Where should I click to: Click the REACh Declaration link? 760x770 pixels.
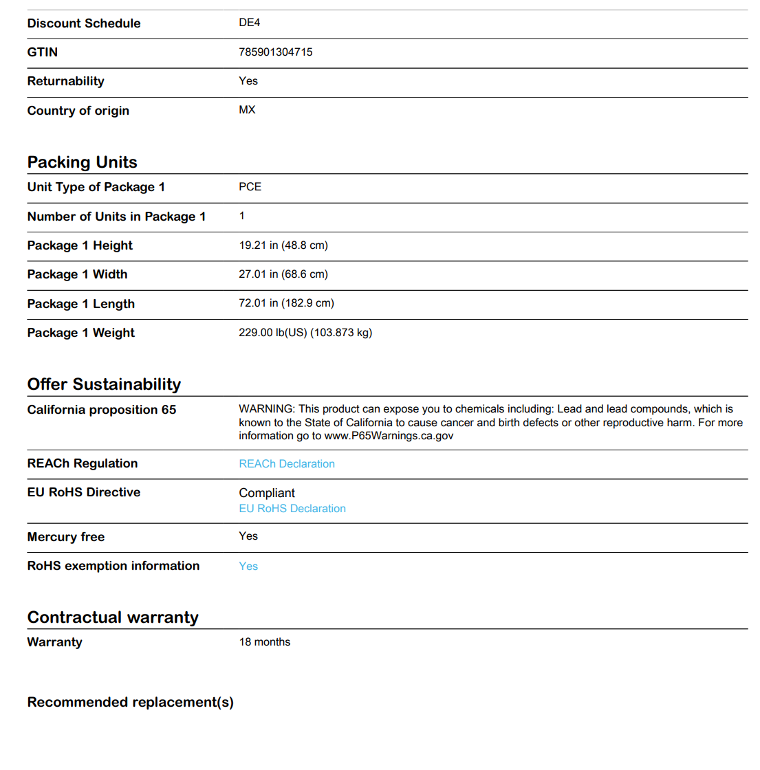click(x=287, y=464)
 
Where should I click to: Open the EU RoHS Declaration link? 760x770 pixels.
click(x=292, y=509)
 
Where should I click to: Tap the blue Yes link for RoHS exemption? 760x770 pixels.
click(x=248, y=566)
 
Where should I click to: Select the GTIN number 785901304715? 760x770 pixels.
click(x=276, y=52)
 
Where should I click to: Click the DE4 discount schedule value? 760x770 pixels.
click(x=250, y=23)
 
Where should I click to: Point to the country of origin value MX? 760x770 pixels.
click(x=247, y=110)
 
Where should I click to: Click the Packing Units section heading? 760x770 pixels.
click(x=83, y=162)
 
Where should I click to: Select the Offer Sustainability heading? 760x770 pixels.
click(x=104, y=384)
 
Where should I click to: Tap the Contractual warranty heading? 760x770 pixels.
click(x=113, y=617)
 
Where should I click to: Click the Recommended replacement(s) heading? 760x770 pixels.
click(x=131, y=702)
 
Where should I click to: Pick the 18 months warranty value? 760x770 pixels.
click(x=265, y=642)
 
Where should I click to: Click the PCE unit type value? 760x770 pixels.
click(x=250, y=187)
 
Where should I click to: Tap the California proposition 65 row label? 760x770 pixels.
click(x=102, y=410)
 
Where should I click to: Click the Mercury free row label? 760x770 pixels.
click(x=66, y=537)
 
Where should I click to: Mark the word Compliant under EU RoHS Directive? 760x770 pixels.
click(x=267, y=493)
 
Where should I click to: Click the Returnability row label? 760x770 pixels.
click(x=66, y=81)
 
